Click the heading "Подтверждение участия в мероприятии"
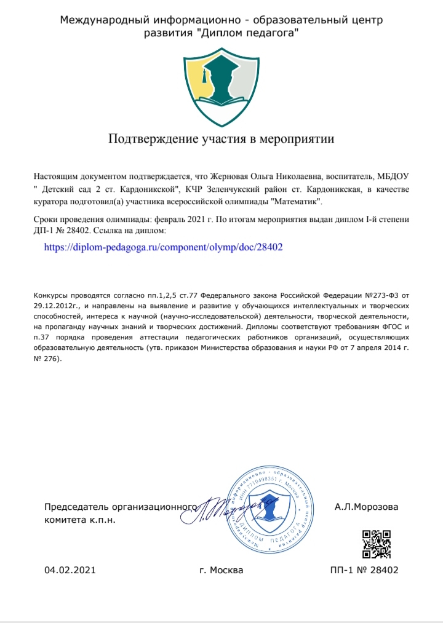tap(221, 138)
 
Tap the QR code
tap(377, 544)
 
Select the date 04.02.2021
tap(70, 570)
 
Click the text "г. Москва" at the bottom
tap(221, 570)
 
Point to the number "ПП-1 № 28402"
tap(364, 570)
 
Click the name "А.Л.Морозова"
tap(367, 507)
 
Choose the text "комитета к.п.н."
tap(80, 520)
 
